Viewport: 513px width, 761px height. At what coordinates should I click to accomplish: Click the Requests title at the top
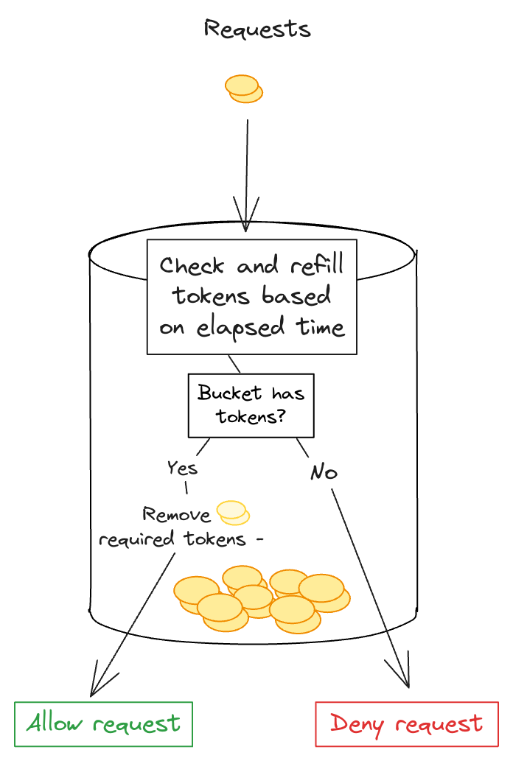(x=256, y=29)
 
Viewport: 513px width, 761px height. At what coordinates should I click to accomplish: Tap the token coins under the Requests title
(x=243, y=88)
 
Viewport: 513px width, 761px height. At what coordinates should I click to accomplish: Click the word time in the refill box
(x=322, y=327)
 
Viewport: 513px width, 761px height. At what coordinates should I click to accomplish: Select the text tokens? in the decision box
(x=251, y=416)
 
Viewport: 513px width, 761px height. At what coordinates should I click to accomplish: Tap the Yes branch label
(x=181, y=468)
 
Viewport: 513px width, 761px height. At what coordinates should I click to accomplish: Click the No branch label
(x=323, y=472)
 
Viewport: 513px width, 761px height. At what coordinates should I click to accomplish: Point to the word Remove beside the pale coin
(x=176, y=514)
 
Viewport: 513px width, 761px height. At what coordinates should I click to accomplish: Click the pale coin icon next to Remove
(x=232, y=512)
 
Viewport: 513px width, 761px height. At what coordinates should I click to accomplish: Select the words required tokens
(x=172, y=539)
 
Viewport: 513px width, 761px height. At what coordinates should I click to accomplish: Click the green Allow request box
(x=104, y=724)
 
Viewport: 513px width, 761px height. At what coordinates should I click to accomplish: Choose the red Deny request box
(x=407, y=724)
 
